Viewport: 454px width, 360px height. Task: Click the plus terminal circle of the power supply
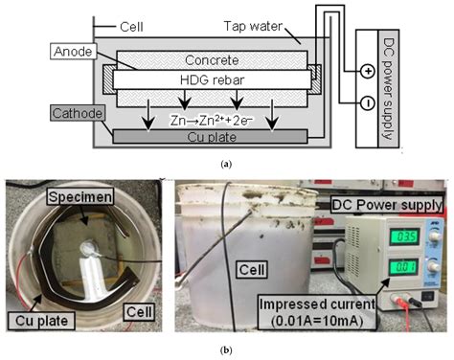coord(368,71)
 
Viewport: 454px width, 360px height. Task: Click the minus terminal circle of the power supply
coord(368,103)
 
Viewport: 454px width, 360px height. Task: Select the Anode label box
coord(73,52)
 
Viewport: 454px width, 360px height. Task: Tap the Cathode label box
coord(78,113)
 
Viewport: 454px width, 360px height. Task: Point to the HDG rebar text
coord(212,79)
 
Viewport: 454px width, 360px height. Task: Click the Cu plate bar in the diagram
coord(210,137)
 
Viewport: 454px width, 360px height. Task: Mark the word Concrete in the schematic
coord(212,60)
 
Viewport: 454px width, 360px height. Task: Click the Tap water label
coord(253,26)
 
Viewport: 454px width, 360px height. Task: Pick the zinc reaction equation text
coord(212,121)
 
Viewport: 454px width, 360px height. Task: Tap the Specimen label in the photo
coord(80,196)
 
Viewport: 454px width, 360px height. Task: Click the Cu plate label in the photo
coord(41,321)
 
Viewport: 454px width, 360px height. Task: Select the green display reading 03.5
coord(404,236)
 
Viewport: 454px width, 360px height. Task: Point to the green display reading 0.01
coord(404,267)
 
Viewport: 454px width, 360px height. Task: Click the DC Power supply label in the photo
coord(387,205)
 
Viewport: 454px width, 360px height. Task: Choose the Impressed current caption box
coord(317,312)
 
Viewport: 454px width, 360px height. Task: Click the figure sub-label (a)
coord(226,164)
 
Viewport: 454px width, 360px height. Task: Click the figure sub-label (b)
coord(226,350)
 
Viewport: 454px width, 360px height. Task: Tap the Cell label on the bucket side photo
coord(252,270)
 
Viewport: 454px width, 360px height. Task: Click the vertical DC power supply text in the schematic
coord(388,89)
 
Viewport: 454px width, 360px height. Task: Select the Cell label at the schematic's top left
coord(131,27)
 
